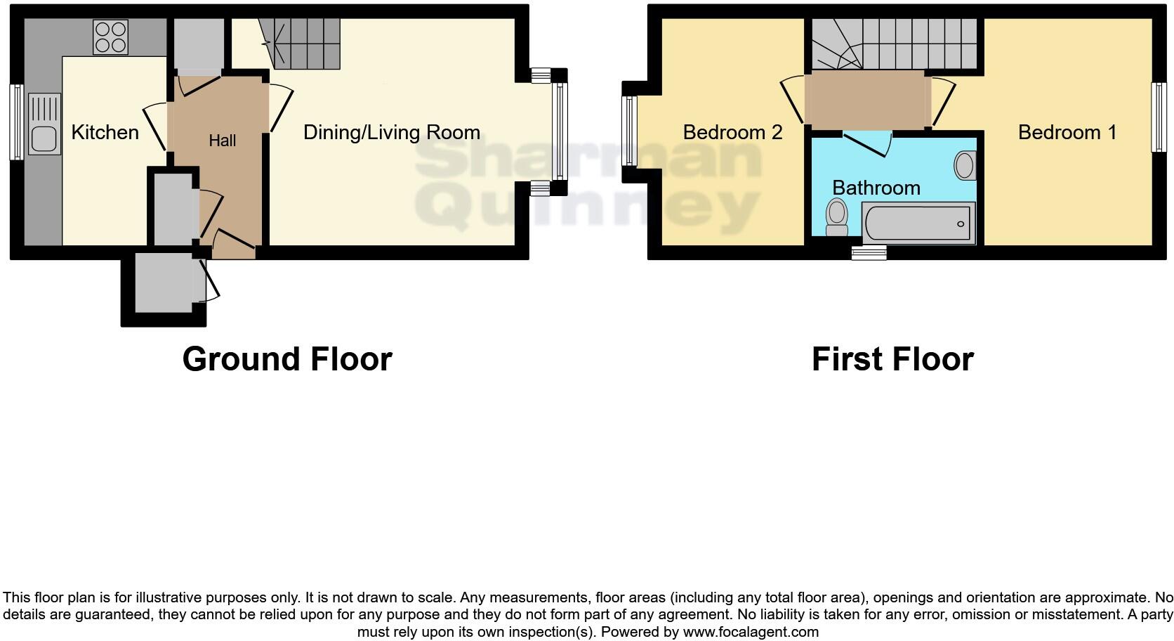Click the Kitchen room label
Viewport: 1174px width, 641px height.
tap(105, 132)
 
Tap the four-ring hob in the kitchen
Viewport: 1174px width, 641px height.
tap(111, 37)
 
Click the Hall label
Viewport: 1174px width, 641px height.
tap(222, 141)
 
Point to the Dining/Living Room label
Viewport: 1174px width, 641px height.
tap(391, 132)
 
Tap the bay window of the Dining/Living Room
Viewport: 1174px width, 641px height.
tap(560, 131)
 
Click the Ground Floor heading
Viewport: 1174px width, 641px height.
tap(286, 359)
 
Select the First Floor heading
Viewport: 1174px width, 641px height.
tap(892, 359)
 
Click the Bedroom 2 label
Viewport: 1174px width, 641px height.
tap(732, 132)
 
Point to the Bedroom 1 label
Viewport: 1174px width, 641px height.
tap(1067, 132)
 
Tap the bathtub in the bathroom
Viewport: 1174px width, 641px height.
tap(918, 224)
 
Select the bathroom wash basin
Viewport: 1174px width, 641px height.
tap(965, 166)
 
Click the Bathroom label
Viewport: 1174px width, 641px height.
tap(876, 188)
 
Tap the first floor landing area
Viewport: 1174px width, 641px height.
tap(867, 100)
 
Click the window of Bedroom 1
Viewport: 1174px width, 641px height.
tap(1159, 117)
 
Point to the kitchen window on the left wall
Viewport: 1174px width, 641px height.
tap(15, 122)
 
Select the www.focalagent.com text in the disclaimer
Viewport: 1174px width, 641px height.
tap(751, 632)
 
